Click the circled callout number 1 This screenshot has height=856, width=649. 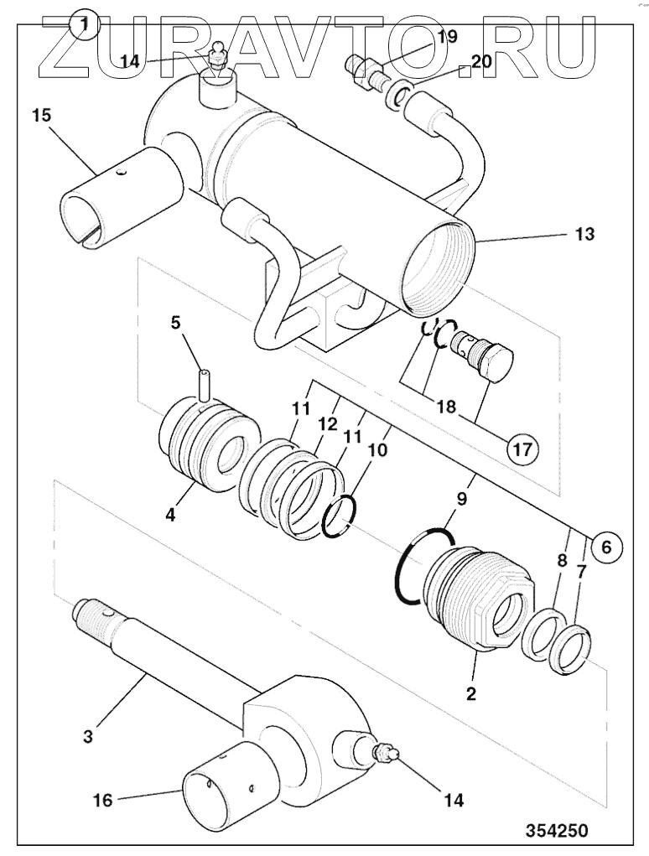tap(84, 25)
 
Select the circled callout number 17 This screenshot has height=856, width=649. tap(522, 449)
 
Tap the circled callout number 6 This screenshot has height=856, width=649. tap(606, 546)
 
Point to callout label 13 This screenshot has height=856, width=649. tap(584, 234)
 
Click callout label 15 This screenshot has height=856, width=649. tap(41, 116)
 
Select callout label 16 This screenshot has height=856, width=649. tap(102, 801)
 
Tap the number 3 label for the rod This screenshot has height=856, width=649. tap(88, 736)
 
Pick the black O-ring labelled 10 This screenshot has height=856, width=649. tap(339, 516)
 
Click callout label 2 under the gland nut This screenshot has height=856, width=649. tap(470, 693)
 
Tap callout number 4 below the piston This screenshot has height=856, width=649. tap(171, 514)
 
